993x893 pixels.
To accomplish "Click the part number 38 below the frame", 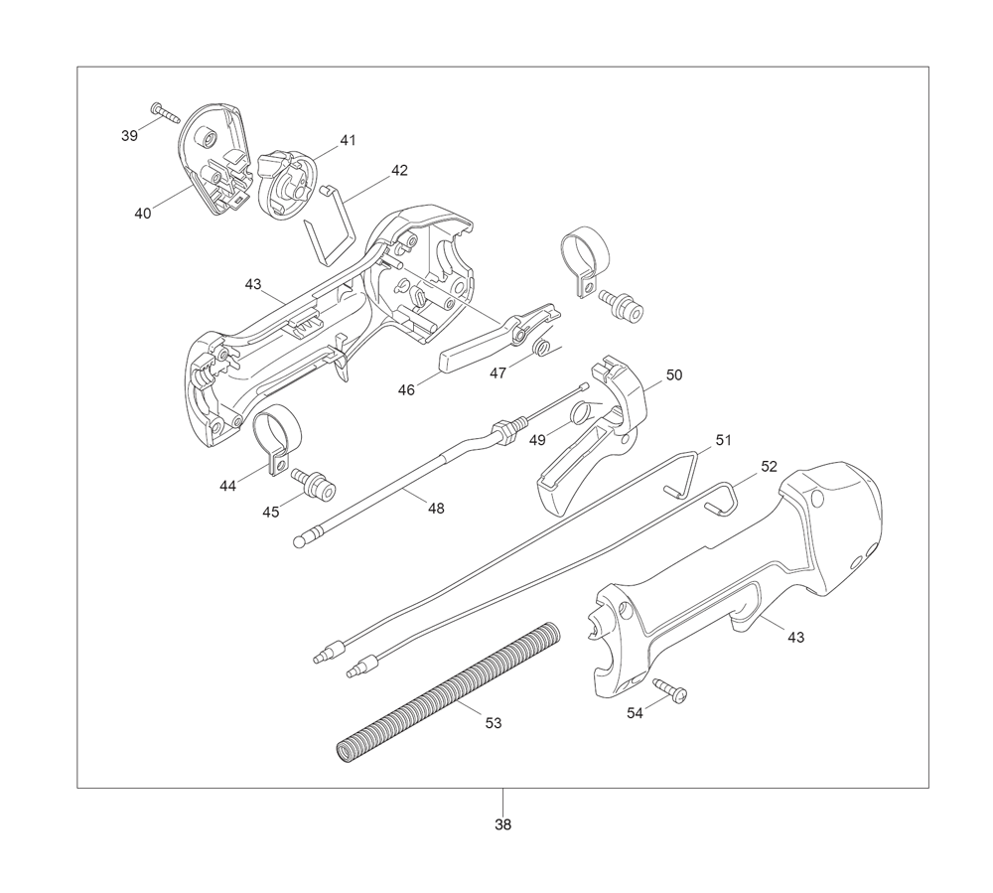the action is pos(502,824).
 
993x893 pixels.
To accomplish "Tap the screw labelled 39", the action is pos(166,112).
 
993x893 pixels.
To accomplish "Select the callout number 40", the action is pos(143,214).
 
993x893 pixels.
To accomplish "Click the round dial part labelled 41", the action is pos(282,183).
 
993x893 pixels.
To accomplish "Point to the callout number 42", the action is pos(399,171).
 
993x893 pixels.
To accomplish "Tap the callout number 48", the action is pos(436,508).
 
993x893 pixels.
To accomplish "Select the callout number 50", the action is pos(674,374).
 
